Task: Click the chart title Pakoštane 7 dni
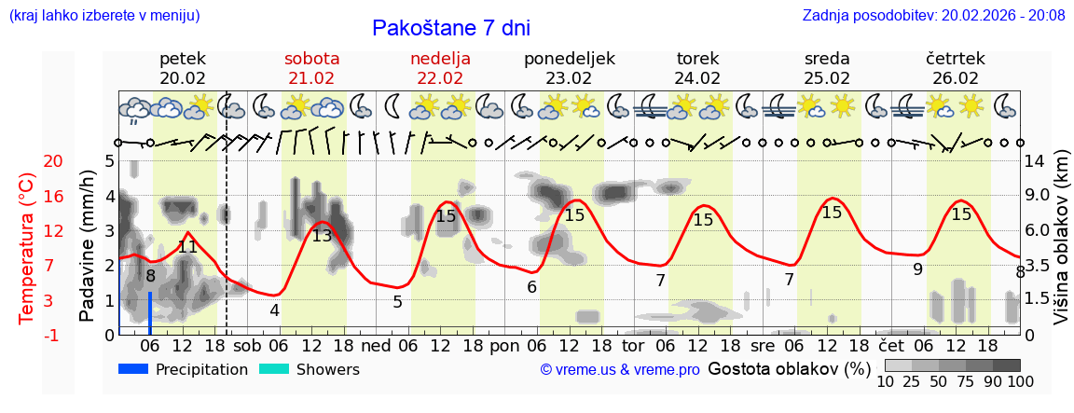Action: (x=450, y=28)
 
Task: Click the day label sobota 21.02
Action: (x=311, y=68)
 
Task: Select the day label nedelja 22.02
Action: (x=440, y=68)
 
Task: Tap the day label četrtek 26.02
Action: (x=956, y=68)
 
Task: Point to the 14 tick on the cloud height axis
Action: (x=1037, y=161)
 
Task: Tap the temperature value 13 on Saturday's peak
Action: (x=322, y=236)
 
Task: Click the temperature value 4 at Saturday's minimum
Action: (x=274, y=310)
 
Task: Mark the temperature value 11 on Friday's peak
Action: (x=187, y=247)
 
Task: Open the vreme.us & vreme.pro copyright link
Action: (x=620, y=370)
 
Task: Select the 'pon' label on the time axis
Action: (x=503, y=345)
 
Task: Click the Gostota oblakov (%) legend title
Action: (x=789, y=369)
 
